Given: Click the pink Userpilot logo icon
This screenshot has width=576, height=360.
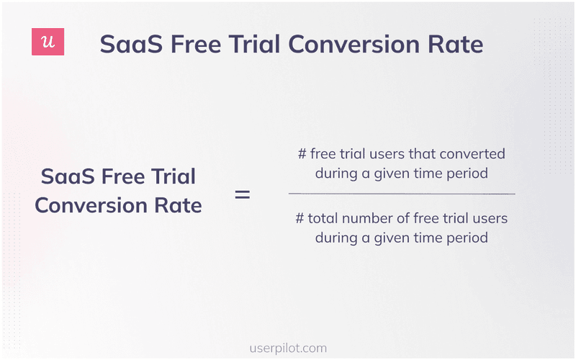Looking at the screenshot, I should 48,42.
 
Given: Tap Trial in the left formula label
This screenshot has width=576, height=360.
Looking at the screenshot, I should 171,177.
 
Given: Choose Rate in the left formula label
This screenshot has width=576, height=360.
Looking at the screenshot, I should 177,205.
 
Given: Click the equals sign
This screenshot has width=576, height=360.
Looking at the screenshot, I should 243,194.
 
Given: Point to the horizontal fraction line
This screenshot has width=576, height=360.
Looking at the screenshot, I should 402,194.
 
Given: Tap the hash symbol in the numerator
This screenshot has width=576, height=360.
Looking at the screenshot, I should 302,154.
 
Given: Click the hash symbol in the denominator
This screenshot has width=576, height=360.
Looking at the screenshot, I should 300,219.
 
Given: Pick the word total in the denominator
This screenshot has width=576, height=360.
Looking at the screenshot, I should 323,219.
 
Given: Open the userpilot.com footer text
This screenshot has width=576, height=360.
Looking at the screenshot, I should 287,348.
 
